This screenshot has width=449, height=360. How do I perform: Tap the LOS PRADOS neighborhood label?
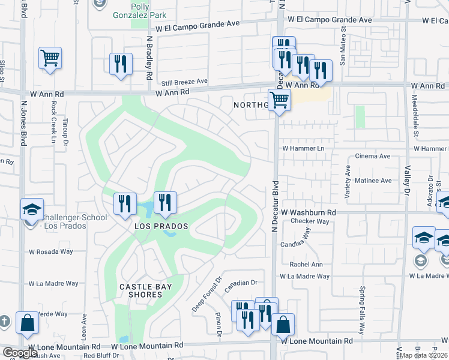pos(161,226)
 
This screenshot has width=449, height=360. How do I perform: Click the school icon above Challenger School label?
pos(32,209)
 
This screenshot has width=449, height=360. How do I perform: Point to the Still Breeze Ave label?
pos(184,81)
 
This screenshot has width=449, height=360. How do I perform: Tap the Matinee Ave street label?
pos(375,181)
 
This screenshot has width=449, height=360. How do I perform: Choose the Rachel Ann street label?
pos(306,265)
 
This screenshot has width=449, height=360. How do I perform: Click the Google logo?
pos(20,352)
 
